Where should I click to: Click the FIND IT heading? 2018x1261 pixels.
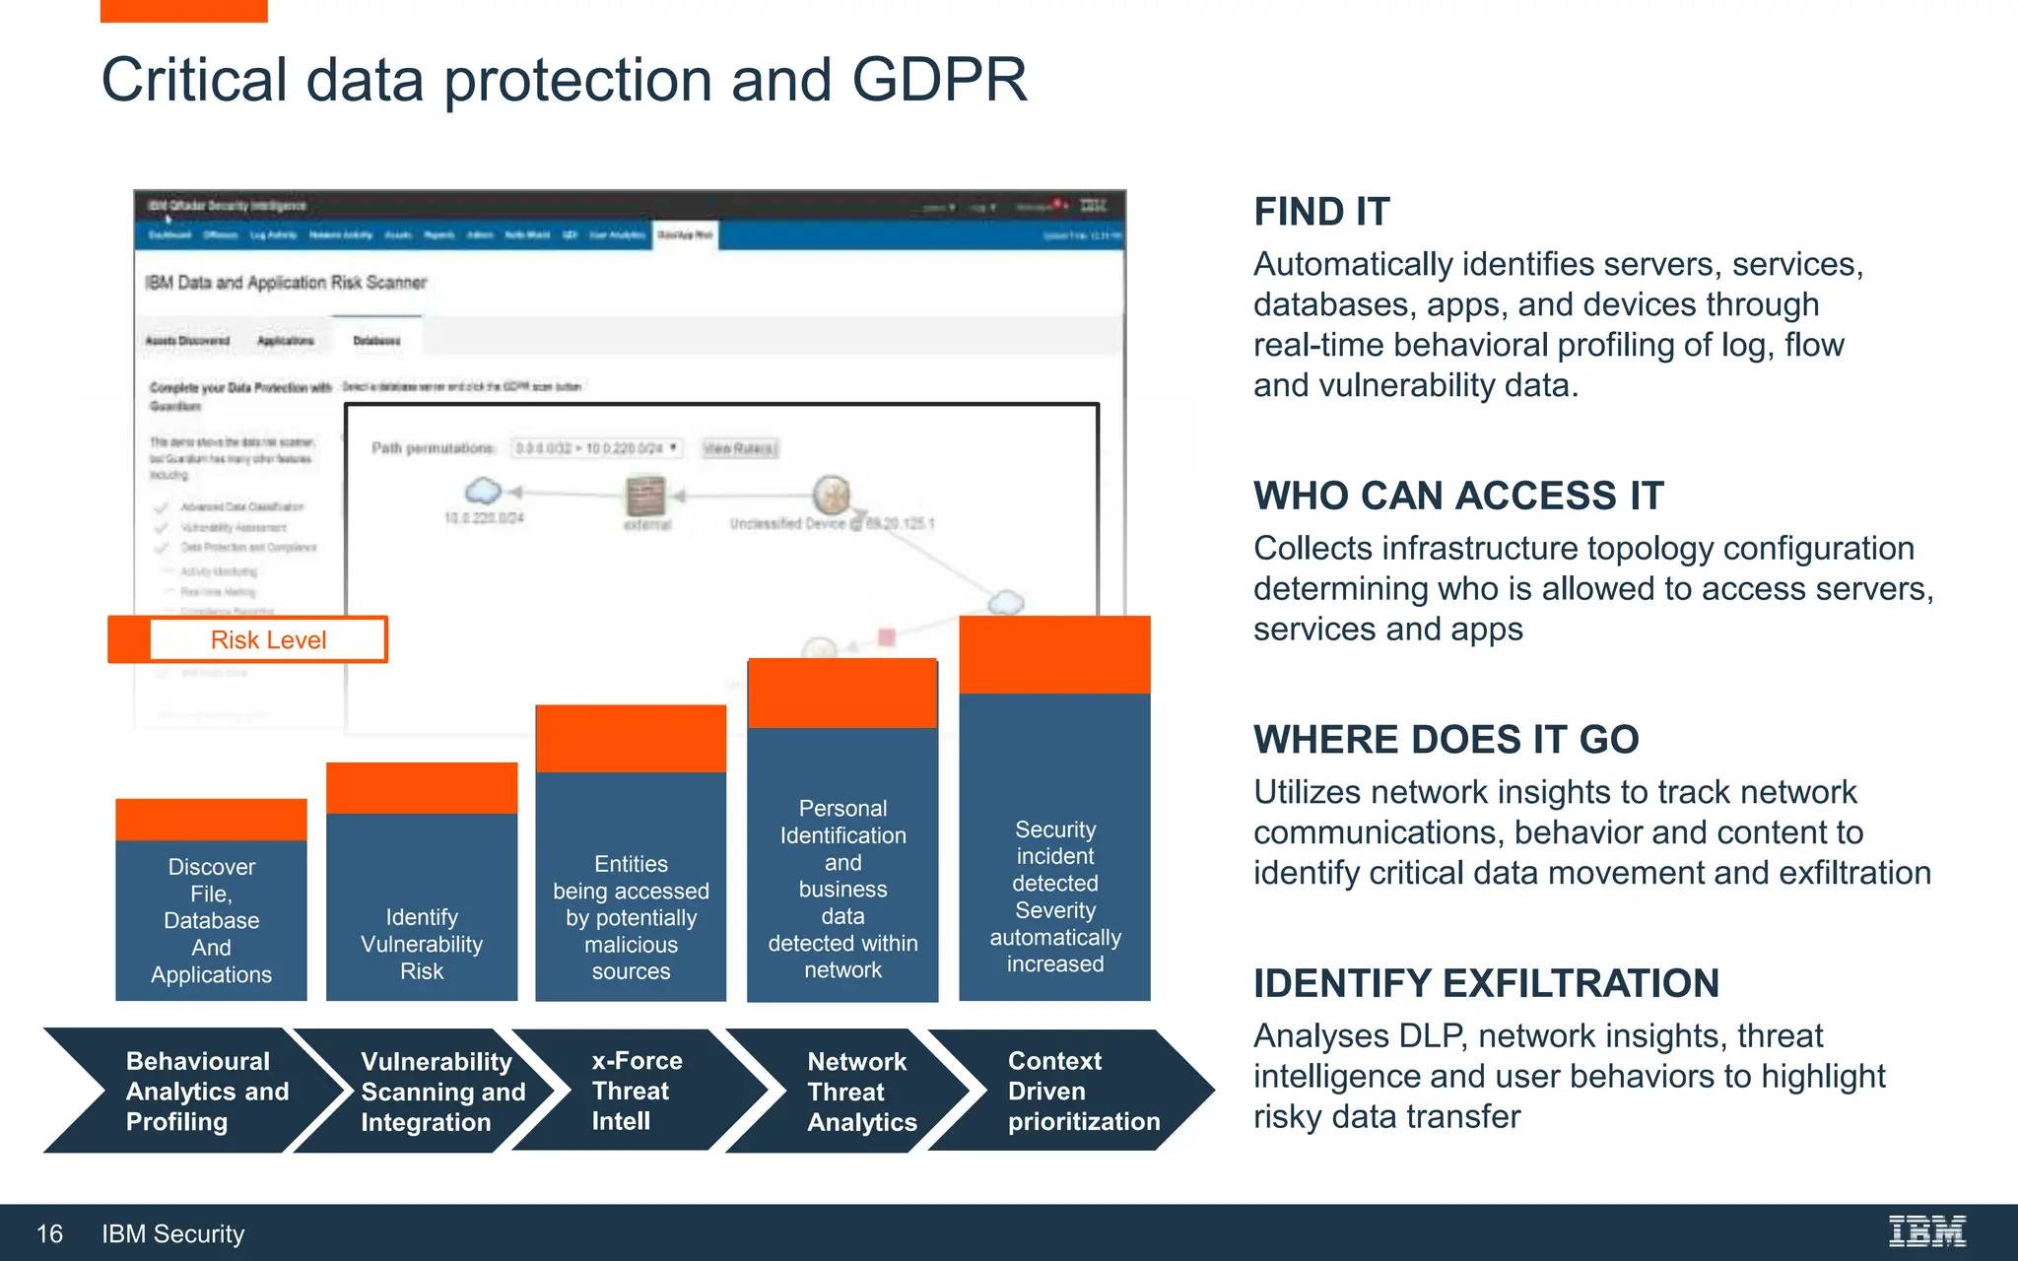(1321, 212)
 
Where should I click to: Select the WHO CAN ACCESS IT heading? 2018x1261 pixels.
(1458, 496)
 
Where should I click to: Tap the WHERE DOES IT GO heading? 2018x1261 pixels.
(1446, 740)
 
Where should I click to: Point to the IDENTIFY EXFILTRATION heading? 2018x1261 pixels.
(1486, 983)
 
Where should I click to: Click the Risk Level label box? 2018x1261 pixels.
(267, 640)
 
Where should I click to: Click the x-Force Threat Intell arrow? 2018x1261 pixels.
(636, 1091)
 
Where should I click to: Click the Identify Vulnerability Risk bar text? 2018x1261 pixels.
(422, 944)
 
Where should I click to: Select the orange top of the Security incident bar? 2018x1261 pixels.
(1054, 654)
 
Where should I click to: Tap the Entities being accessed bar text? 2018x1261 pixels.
(631, 917)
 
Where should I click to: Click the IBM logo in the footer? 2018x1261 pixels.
(1926, 1231)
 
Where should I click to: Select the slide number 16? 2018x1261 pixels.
(49, 1233)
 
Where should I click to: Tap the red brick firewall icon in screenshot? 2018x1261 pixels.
(646, 495)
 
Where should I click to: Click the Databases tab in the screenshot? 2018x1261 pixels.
(376, 341)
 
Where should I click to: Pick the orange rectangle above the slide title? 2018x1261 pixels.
(183, 11)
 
